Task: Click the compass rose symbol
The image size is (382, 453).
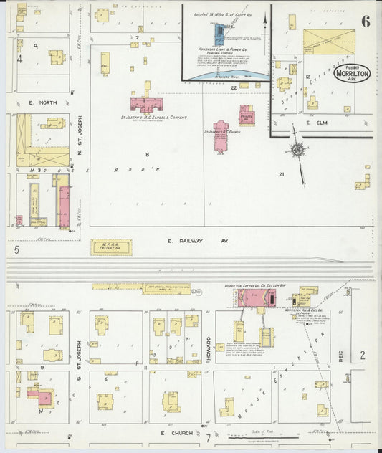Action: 297,150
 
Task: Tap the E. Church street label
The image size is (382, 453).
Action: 172,434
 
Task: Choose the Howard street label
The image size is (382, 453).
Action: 207,343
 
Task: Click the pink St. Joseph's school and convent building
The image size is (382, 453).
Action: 148,103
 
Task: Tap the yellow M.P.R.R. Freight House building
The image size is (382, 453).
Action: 111,247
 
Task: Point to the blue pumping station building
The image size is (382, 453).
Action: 219,33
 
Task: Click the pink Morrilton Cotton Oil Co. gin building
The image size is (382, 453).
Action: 252,298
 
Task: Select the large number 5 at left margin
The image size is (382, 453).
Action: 16,250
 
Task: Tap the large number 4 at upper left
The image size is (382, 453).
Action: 20,59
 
